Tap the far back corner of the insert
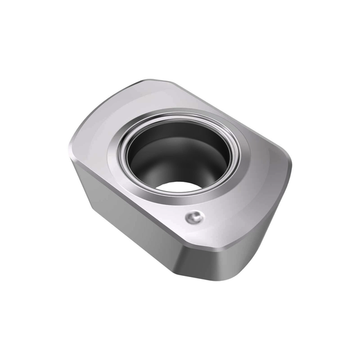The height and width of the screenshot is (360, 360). [157, 81]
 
